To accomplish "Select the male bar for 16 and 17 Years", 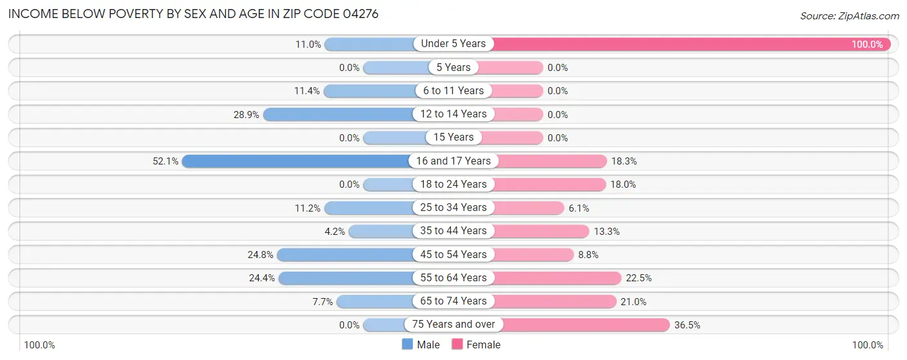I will point(297,161).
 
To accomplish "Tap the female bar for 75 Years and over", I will point(584,325).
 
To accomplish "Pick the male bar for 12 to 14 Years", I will point(338,114).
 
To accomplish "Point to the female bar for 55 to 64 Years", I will point(558,278).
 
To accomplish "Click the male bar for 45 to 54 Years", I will point(345,255).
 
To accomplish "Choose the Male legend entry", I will point(421,345).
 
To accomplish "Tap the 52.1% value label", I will point(165,161).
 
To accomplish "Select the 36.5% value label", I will point(688,325).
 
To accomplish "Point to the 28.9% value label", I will point(246,114).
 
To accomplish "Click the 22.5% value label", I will point(639,278).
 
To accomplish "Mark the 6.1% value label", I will point(579,208).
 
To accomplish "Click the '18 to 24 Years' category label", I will point(454,185).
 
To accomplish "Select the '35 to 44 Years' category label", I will point(454,231).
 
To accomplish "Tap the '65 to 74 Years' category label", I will point(454,301).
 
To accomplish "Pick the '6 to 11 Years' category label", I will point(454,91).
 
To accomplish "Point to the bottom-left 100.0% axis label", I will point(40,345).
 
